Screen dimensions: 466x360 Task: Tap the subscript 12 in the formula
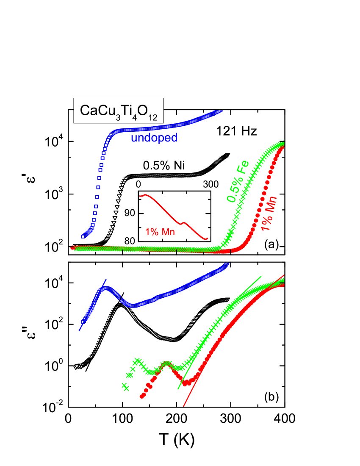(x=152, y=118)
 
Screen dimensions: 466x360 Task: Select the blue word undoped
(x=154, y=138)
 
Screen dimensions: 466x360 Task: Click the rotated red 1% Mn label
(x=269, y=213)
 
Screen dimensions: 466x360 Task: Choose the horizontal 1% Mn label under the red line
(x=160, y=232)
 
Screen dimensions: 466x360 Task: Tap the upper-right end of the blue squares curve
(x=220, y=112)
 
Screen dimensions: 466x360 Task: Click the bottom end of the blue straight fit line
(x=79, y=330)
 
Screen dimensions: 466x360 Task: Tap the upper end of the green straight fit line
(x=261, y=276)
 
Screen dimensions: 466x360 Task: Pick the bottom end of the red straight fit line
(x=184, y=406)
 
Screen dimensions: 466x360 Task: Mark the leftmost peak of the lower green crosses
(x=137, y=361)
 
